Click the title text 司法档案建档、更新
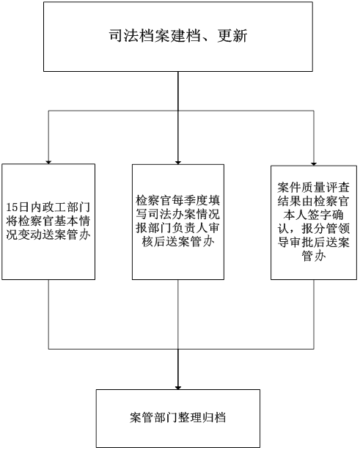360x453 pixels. pos(178,36)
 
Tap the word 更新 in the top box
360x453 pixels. pos(232,36)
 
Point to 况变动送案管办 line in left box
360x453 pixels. pos(48,235)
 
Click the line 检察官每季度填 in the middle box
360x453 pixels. pos(178,200)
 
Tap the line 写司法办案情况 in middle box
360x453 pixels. pos(178,214)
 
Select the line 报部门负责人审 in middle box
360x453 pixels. pos(178,228)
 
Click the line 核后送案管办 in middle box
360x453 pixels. pos(178,241)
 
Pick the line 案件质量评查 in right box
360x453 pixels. pos(314,188)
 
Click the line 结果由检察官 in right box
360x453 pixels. pos(314,201)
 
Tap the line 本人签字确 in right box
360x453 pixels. pos(314,215)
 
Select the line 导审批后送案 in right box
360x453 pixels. pos(314,242)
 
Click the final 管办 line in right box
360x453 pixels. pos(314,256)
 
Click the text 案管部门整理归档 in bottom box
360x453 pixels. pos(178,418)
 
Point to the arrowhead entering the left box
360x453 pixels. pos(48,162)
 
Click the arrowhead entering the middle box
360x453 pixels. pos(178,163)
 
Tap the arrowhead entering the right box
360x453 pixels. pos(314,163)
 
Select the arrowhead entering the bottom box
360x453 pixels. pos(178,387)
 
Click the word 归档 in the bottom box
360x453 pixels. pos(214,418)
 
